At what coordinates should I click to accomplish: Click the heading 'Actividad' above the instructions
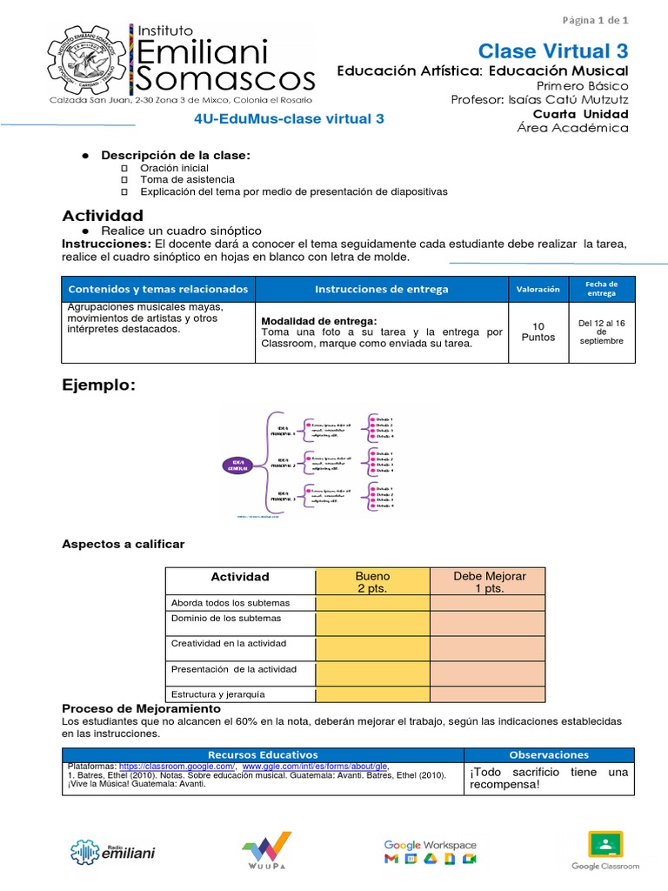tap(103, 215)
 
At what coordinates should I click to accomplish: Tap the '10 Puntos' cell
tap(538, 332)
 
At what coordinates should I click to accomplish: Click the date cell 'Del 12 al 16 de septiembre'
tap(601, 332)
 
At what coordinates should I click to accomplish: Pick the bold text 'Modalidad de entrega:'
tap(319, 321)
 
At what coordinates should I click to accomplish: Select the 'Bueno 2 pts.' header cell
tap(372, 582)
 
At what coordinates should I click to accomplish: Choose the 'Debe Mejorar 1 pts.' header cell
tap(489, 582)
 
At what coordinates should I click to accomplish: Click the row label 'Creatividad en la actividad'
tap(229, 643)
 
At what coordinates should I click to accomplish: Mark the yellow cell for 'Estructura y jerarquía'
tap(372, 693)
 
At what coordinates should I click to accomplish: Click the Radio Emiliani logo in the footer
tap(113, 851)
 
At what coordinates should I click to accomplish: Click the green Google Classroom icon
tap(605, 847)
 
